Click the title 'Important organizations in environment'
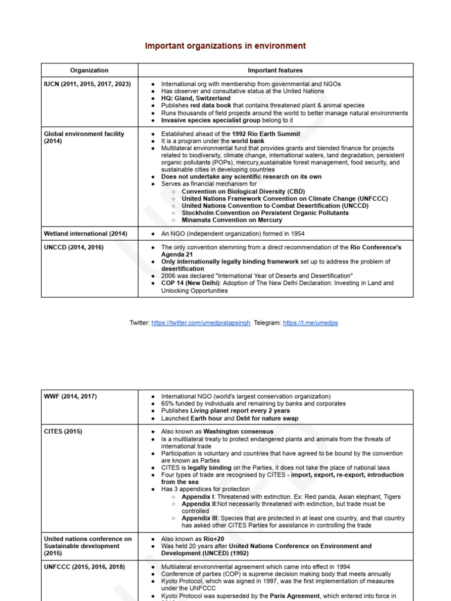click(225, 46)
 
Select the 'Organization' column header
click(89, 70)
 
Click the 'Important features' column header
click(275, 70)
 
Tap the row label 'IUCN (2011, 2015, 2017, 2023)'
click(87, 84)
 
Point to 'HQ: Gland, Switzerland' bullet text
click(196, 99)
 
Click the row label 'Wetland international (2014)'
click(85, 234)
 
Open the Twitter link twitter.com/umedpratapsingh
click(200, 323)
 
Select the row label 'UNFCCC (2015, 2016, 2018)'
click(84, 567)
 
